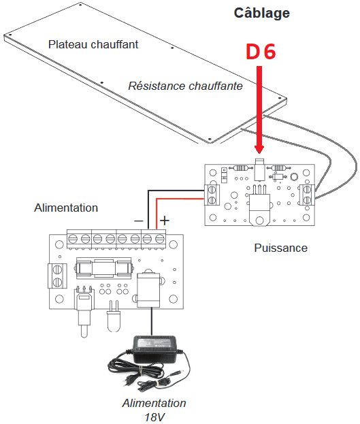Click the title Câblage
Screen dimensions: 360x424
(x=261, y=14)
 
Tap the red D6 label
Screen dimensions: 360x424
(x=261, y=51)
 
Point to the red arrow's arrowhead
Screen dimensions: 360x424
(x=259, y=149)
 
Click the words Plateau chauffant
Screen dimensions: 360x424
(x=93, y=44)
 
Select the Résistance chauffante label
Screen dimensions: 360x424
(x=185, y=86)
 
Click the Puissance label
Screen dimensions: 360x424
(x=281, y=248)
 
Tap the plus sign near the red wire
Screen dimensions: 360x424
(x=165, y=221)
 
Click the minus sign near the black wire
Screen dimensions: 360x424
(x=138, y=221)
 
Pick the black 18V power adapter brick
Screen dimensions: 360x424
(x=154, y=350)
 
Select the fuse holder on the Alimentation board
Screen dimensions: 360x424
(x=104, y=268)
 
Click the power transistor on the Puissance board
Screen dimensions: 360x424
(x=259, y=206)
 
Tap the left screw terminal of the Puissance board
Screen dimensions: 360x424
(x=212, y=195)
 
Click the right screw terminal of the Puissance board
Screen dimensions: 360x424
(x=307, y=195)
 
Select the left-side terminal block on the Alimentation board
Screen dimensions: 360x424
(x=57, y=276)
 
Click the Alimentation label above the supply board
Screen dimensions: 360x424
(x=66, y=208)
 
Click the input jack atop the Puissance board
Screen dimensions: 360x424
(x=259, y=169)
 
